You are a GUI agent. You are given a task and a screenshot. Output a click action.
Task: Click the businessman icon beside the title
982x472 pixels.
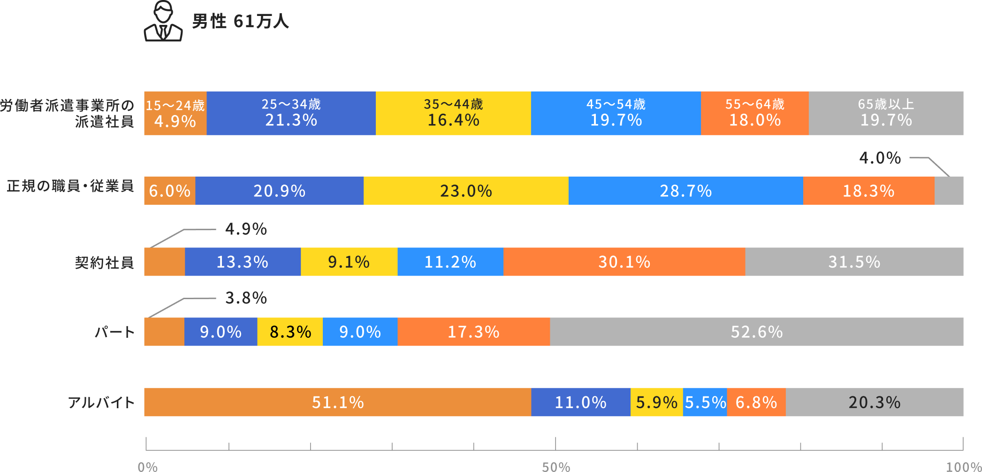click(163, 21)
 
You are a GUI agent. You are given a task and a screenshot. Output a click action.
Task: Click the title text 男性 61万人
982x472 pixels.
click(241, 21)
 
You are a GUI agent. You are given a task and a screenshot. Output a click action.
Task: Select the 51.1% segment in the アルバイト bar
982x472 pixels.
click(338, 402)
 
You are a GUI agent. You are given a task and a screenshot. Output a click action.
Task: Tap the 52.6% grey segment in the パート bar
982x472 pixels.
click(757, 332)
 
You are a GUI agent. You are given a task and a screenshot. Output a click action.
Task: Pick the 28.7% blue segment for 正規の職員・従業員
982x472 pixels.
click(686, 191)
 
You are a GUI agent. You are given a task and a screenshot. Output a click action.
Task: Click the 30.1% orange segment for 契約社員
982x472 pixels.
click(624, 262)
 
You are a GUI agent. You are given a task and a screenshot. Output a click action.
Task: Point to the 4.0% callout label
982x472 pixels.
click(880, 158)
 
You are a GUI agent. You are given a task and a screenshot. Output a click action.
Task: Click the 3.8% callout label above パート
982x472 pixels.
click(246, 298)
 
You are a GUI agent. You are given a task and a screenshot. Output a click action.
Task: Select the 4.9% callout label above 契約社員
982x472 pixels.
click(246, 229)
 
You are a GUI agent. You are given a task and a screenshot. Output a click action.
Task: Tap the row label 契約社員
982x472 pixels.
click(105, 262)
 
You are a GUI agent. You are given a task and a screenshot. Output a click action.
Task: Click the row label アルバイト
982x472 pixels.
click(101, 402)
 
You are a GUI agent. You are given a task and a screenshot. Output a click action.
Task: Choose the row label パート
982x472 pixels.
click(115, 332)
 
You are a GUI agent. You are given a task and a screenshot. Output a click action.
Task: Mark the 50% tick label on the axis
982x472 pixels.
click(556, 467)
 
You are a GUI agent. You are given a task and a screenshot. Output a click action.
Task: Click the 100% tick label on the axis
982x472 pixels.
click(964, 467)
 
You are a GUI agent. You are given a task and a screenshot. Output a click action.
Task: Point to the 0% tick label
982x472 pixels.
click(148, 467)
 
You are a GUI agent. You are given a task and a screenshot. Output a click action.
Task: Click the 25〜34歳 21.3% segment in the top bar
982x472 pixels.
click(291, 113)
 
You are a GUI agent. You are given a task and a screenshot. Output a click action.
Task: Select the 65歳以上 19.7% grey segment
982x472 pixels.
click(886, 113)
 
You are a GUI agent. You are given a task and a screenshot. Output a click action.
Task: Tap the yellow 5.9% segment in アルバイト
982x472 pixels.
click(656, 402)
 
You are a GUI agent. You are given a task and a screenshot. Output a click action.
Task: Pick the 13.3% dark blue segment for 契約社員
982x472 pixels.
click(243, 262)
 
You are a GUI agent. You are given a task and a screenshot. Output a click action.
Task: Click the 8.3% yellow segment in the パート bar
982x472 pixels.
click(290, 332)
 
